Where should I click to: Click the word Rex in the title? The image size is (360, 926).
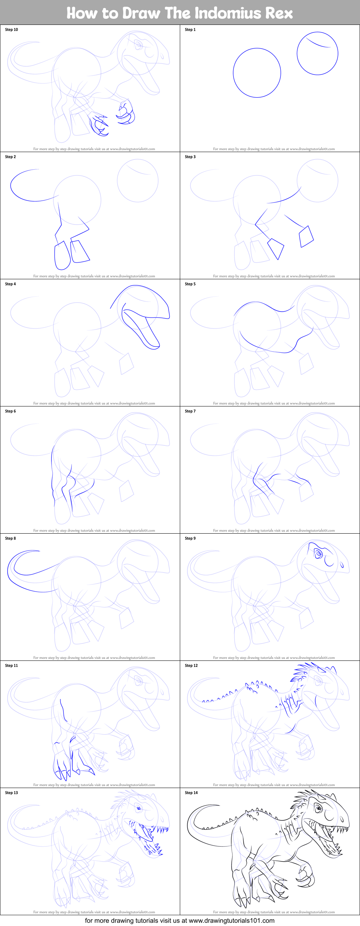tap(279, 13)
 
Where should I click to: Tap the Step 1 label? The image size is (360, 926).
tap(190, 30)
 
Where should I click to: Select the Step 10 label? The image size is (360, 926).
tap(11, 30)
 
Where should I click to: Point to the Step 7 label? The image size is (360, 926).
tap(190, 411)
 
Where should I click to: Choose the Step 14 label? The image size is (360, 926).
tap(191, 793)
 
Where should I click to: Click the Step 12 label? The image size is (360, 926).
tap(191, 665)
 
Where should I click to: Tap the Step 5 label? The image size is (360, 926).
tap(190, 284)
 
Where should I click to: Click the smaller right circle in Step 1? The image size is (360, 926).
tap(317, 53)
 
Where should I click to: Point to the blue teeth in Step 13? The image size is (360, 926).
tap(159, 830)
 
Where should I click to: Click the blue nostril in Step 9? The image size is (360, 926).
tap(342, 565)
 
